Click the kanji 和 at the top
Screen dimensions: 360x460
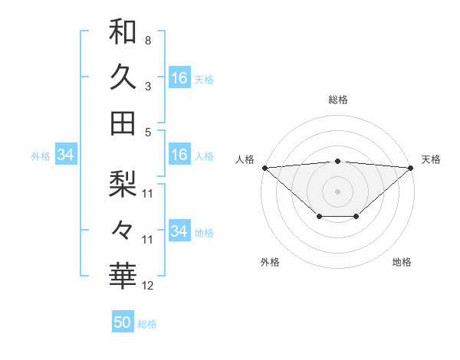point(123,31)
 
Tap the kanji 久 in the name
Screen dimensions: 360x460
point(123,77)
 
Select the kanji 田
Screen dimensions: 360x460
point(123,123)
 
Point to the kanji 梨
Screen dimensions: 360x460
point(123,183)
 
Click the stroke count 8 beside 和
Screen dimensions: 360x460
point(147,40)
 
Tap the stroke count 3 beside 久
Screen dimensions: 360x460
point(147,86)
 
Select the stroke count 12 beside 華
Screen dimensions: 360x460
point(148,286)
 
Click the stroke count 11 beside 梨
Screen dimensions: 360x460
point(148,193)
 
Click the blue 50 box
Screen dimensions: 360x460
point(123,322)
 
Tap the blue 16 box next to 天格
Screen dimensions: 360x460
point(179,77)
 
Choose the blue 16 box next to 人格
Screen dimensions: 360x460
point(179,155)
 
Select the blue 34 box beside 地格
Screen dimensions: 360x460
point(179,231)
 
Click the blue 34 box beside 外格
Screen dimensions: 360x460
point(65,155)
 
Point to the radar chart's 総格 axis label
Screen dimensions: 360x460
point(337,100)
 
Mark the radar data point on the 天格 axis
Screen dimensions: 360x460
point(412,167)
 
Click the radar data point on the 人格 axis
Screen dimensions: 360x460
point(264,167)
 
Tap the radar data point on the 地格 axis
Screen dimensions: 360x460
point(356,218)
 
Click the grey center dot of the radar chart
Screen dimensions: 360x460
point(337,191)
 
